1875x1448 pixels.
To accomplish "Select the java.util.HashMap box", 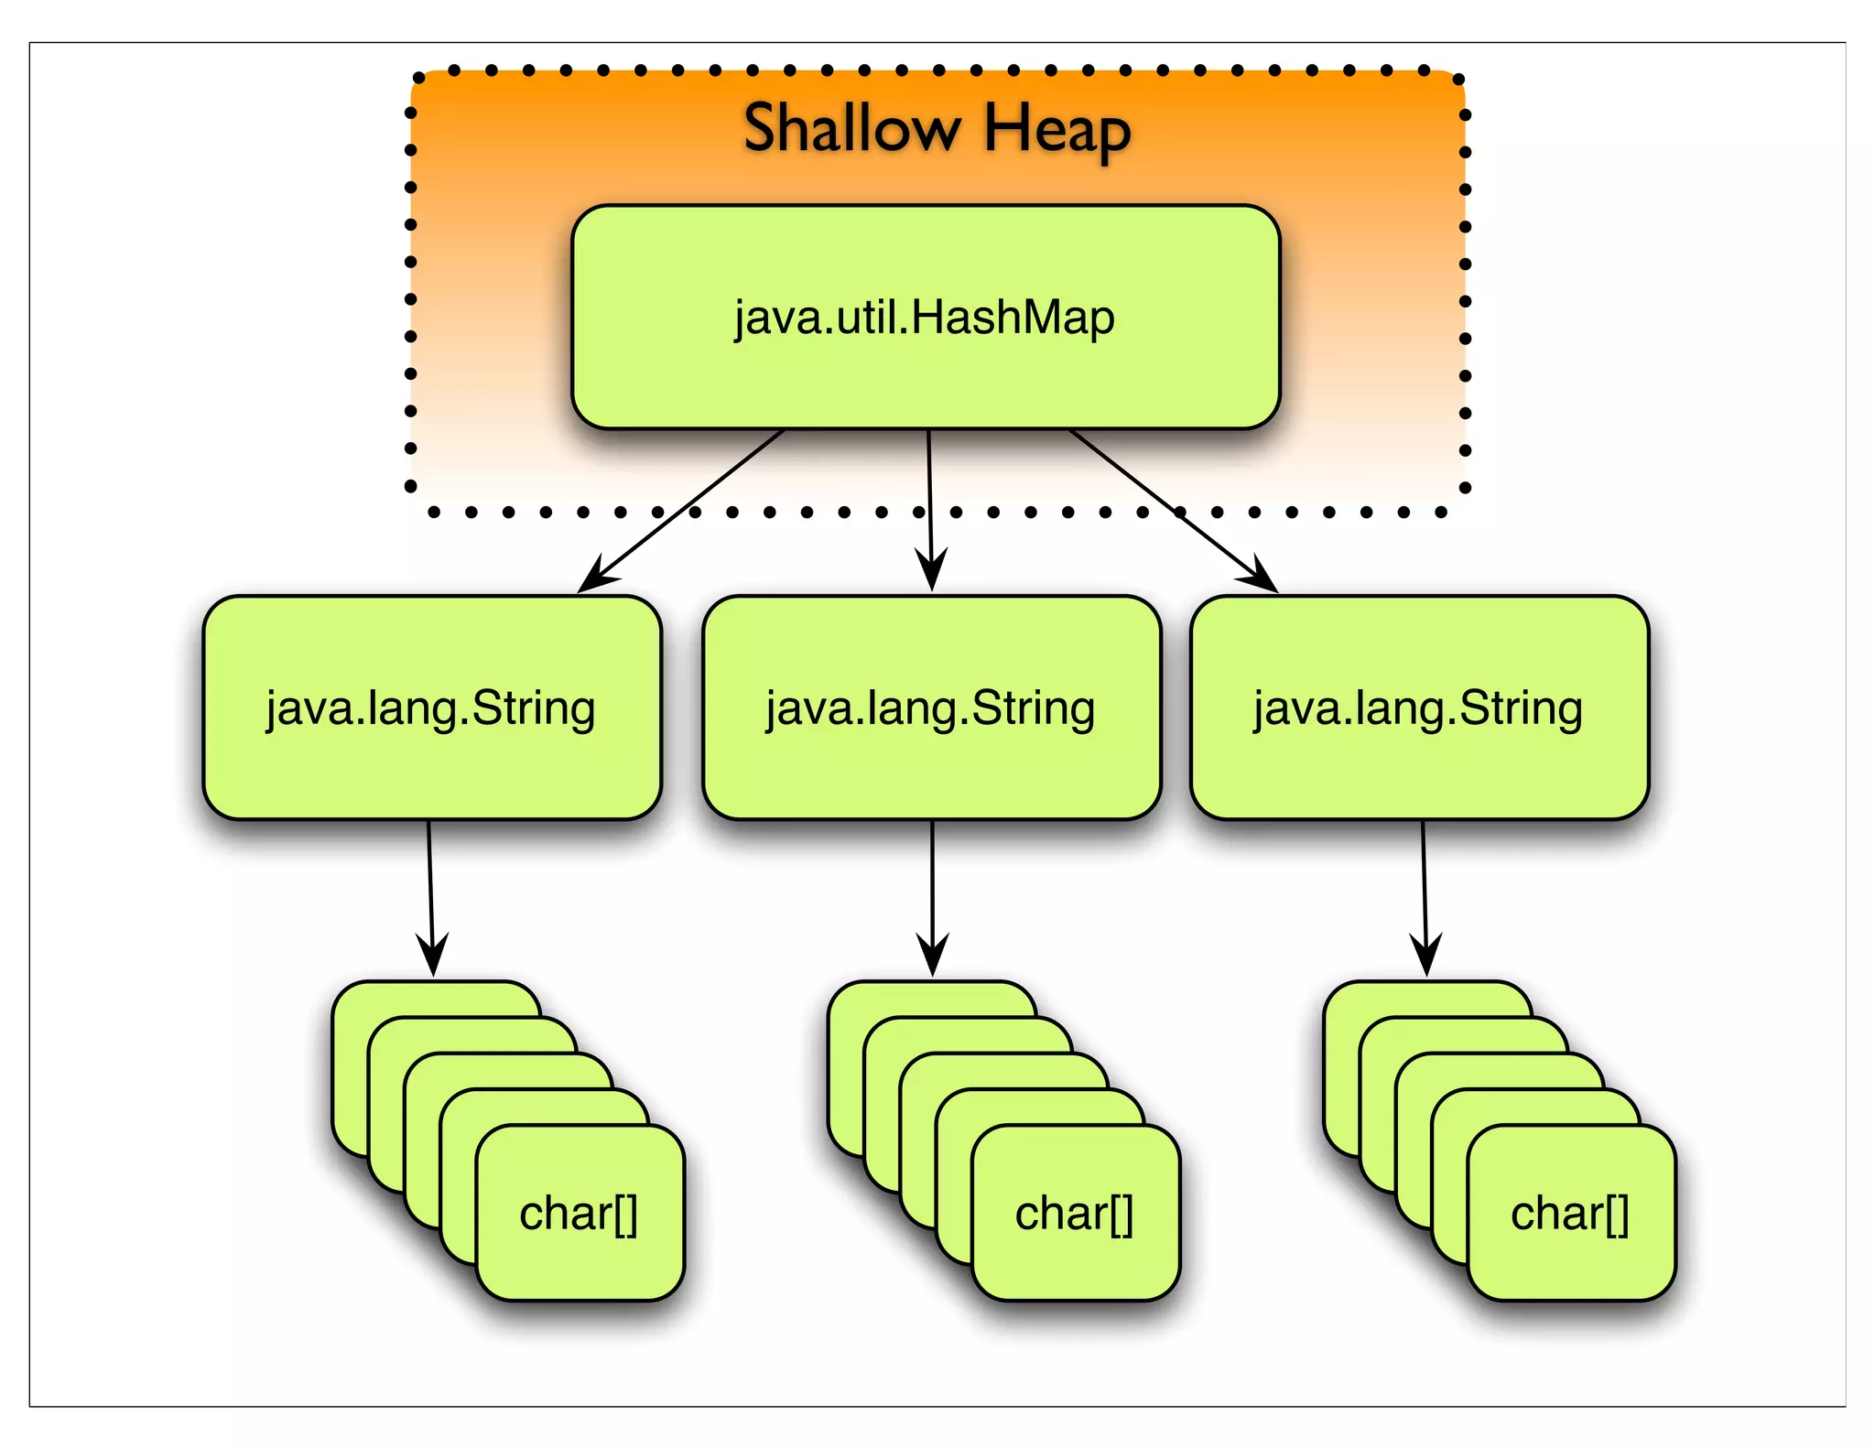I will (x=925, y=317).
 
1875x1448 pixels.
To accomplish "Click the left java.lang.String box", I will (x=431, y=708).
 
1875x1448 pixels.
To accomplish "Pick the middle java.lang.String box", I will (x=931, y=708).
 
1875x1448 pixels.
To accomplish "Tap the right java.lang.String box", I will (x=1418, y=708).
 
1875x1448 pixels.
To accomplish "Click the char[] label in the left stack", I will (x=579, y=1214).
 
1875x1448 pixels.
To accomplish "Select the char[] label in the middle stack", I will (x=1074, y=1214).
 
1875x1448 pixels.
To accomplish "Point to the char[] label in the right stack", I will (x=1569, y=1214).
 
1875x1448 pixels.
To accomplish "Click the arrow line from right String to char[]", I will (x=1424, y=879).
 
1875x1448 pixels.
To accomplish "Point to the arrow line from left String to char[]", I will (x=430, y=879).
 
